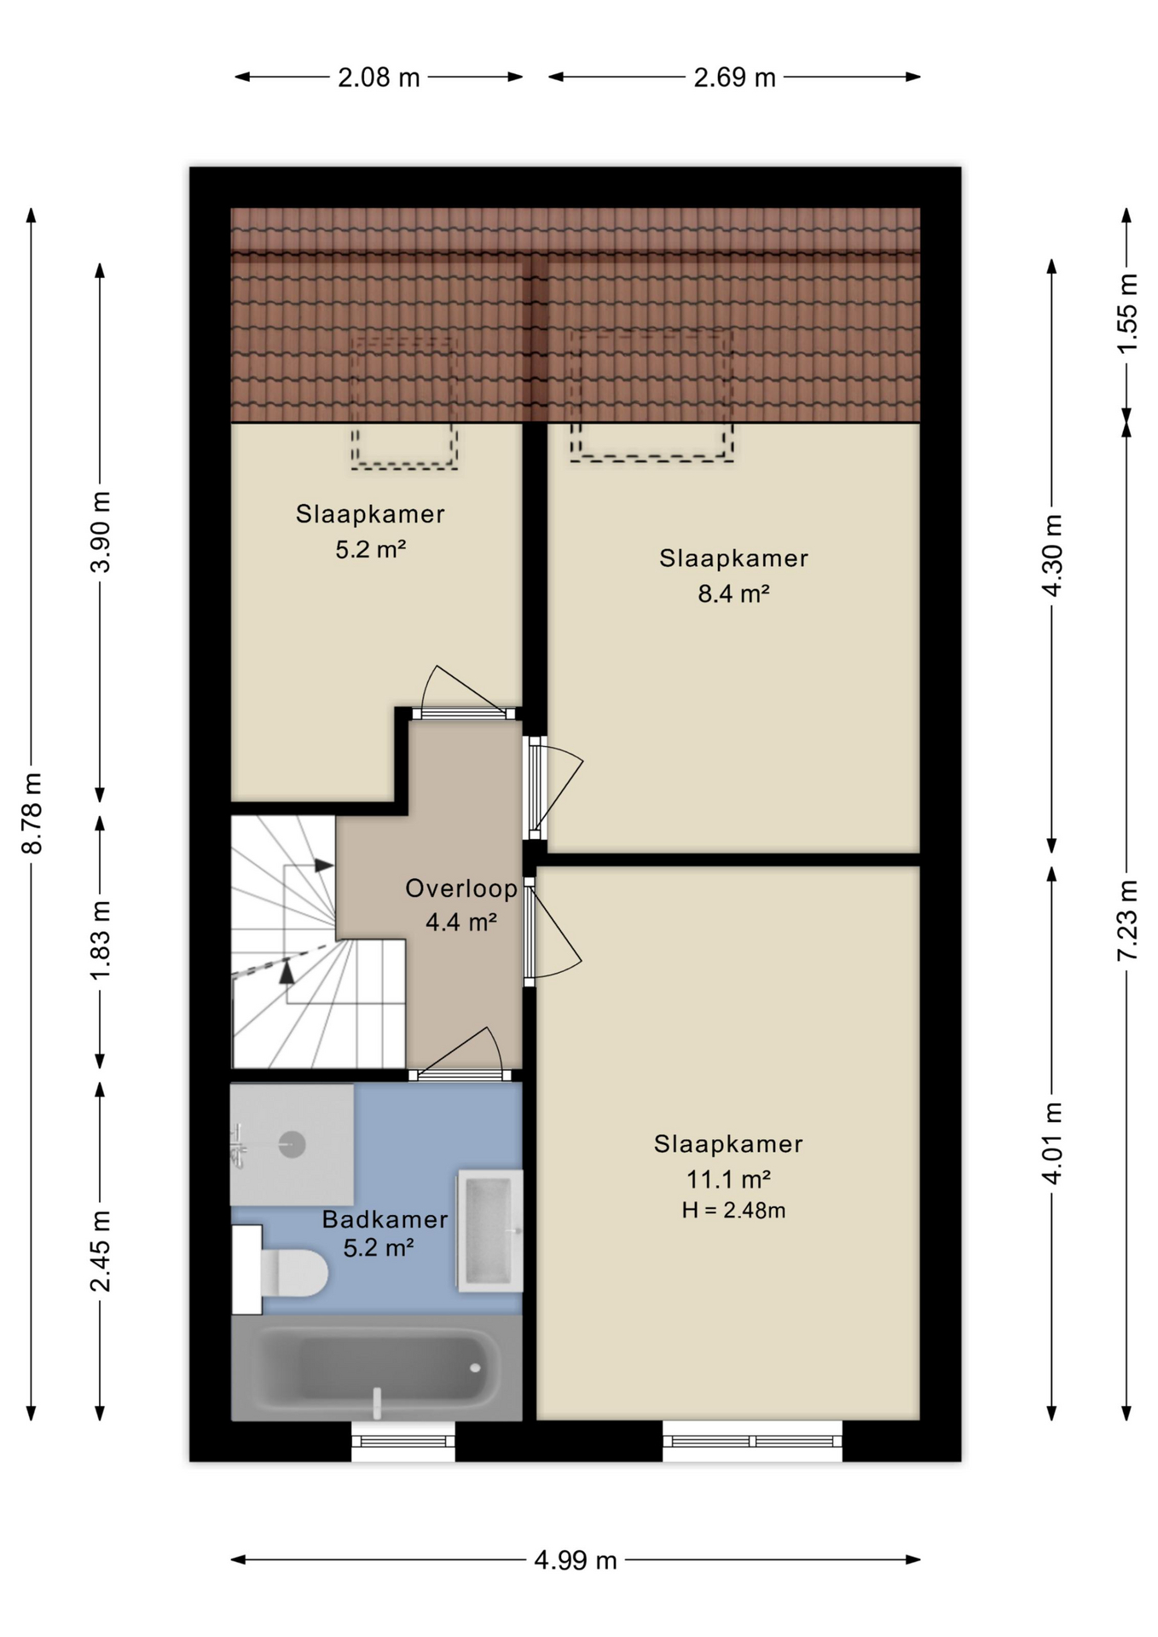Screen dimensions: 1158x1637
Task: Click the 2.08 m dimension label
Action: (x=379, y=78)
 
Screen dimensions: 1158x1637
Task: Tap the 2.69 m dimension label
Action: (x=734, y=78)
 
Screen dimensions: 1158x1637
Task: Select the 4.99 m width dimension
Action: (x=576, y=1560)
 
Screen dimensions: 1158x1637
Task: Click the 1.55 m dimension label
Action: (x=1127, y=313)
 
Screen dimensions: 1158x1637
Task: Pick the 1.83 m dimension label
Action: (x=100, y=940)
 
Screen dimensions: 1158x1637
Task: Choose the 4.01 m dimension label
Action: (x=1052, y=1142)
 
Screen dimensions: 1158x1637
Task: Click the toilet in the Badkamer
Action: (x=281, y=1270)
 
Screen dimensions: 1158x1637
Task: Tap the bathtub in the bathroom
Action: (x=377, y=1368)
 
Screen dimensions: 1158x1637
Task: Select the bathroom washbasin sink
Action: (x=489, y=1230)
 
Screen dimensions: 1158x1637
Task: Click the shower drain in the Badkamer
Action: (x=292, y=1143)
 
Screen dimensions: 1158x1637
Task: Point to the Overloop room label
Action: (x=461, y=888)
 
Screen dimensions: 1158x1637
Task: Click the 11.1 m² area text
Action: (x=729, y=1179)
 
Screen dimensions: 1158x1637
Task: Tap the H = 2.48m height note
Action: (x=733, y=1211)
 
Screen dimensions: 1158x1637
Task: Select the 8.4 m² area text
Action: (x=733, y=593)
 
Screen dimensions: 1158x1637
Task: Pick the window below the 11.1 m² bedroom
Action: (x=752, y=1441)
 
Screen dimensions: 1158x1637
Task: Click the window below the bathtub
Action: (x=403, y=1441)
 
